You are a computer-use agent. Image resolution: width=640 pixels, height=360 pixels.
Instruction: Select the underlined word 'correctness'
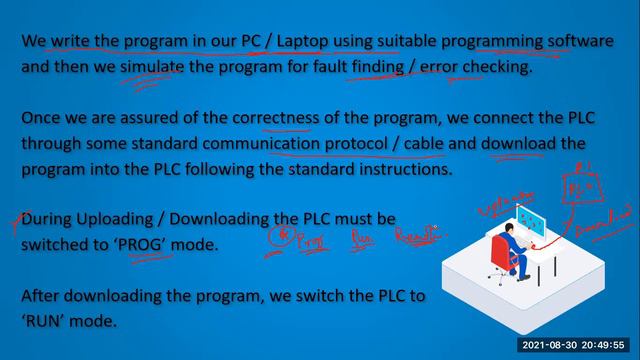click(x=275, y=118)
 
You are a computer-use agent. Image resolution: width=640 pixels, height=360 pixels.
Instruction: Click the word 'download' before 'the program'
click(x=519, y=144)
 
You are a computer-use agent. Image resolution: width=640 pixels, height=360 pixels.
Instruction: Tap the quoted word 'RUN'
click(x=47, y=321)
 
